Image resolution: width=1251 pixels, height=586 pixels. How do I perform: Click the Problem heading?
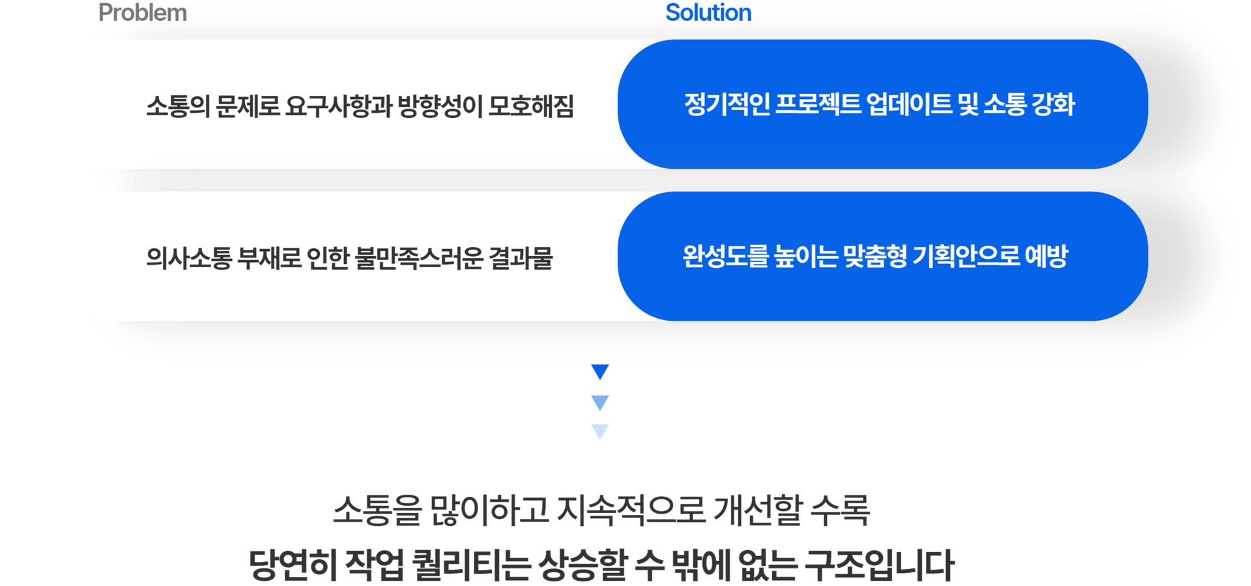pos(142,13)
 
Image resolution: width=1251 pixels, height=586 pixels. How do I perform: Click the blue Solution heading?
pos(708,13)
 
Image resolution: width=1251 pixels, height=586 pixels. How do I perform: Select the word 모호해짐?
pos(531,106)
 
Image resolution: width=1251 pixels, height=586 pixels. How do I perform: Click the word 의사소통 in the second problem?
pos(189,258)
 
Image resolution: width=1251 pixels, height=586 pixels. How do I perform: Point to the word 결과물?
pos(521,258)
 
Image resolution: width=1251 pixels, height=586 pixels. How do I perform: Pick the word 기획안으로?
pos(966,256)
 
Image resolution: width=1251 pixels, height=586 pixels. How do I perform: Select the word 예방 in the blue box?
pos(1046,256)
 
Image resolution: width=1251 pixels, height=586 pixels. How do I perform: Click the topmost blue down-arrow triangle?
pos(599,372)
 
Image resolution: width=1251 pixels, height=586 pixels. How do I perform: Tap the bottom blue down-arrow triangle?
pos(599,432)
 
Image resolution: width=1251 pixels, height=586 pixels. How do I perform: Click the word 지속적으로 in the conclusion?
pos(631,510)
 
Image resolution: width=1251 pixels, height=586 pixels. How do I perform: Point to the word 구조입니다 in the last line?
pos(880,564)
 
